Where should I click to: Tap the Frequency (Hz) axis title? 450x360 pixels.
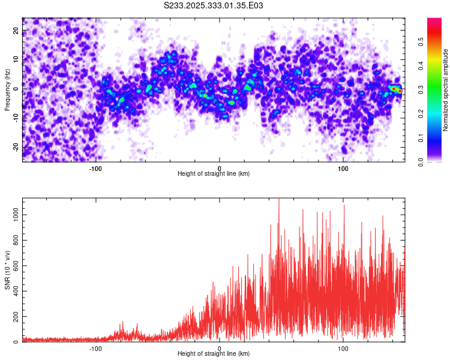7,89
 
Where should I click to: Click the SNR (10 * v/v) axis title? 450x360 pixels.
7,269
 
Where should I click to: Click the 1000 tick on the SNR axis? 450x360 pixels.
13,214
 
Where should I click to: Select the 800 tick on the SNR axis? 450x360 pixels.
15,240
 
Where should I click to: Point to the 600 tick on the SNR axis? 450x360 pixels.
15,265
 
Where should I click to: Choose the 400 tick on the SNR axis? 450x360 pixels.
15,291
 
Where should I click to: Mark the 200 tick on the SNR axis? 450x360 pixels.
15,316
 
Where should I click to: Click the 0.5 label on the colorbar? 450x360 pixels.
422,43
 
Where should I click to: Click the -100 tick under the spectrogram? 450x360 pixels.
95,168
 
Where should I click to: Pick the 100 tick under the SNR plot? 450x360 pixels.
343,348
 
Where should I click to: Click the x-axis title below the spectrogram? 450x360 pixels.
214,174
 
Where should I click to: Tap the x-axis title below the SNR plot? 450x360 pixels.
214,355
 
